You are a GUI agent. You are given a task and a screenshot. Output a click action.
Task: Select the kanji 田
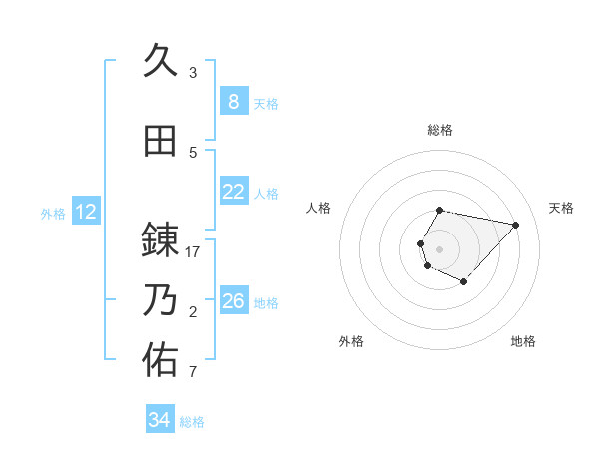tap(160, 141)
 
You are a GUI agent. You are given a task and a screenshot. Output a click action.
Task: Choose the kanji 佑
tap(160, 360)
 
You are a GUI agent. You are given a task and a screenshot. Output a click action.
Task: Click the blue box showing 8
tap(233, 102)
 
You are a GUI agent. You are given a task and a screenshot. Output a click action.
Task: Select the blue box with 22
tap(233, 192)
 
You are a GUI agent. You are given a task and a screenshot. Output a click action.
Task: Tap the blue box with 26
tap(233, 301)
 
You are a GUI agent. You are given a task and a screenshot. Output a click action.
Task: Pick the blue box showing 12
tap(85, 212)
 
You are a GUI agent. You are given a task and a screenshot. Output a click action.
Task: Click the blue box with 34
tap(159, 421)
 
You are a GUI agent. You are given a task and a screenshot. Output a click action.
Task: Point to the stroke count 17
tap(193, 252)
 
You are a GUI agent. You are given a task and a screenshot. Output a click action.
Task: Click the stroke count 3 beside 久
tap(193, 73)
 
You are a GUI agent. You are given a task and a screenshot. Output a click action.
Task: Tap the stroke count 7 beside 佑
tap(193, 373)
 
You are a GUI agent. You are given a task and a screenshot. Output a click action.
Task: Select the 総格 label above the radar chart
tap(439, 130)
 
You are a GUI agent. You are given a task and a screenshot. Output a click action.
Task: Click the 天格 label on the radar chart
tap(562, 208)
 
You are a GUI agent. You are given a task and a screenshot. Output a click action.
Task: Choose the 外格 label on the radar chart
tap(351, 341)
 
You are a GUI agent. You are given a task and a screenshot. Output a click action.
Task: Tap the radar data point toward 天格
tap(515, 225)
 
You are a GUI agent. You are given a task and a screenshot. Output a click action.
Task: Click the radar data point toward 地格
tap(464, 282)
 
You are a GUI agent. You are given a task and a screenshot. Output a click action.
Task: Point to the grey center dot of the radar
tap(439, 248)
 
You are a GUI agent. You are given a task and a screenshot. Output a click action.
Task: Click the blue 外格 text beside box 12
tap(53, 213)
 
